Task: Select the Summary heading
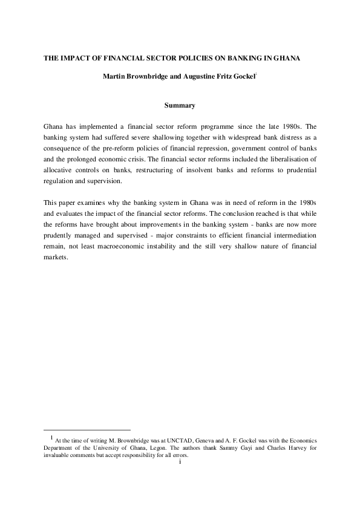click(x=180, y=106)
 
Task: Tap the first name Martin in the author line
click(x=115, y=77)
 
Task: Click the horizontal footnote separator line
click(x=87, y=429)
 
